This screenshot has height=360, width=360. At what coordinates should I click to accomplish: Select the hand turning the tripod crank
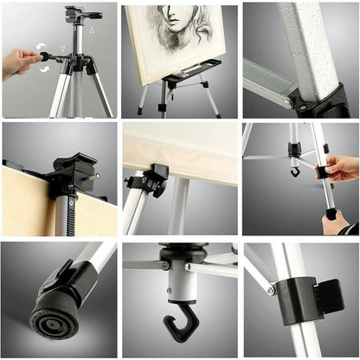pyautogui.click(x=19, y=62)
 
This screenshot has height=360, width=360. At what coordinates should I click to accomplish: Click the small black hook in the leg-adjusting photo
pyautogui.click(x=295, y=170)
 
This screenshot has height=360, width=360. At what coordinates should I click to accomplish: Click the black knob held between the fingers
pyautogui.click(x=45, y=57)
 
